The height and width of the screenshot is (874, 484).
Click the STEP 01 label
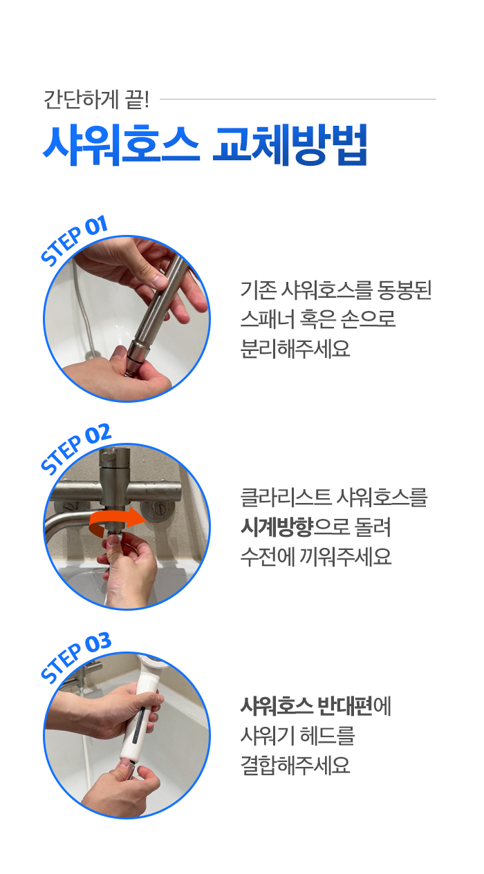74,240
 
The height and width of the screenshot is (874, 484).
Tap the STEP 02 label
76,448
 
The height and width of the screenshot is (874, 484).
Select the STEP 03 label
76,657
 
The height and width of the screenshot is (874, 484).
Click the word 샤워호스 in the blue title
121,145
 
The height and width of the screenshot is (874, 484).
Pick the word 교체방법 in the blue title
290,145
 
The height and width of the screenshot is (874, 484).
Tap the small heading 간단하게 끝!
96,99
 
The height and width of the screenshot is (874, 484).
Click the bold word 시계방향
277,527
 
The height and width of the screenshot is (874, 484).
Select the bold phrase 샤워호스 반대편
306,706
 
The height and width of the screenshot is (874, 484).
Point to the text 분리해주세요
295,348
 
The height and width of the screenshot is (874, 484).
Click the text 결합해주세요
295,765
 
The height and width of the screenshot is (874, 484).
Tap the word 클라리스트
286,498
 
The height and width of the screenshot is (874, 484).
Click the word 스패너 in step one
268,319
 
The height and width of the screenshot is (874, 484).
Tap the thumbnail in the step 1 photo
159,280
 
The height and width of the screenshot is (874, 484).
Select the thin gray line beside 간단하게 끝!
298,99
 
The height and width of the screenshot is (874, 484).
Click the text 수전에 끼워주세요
316,556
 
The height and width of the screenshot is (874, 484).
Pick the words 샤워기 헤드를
297,736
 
